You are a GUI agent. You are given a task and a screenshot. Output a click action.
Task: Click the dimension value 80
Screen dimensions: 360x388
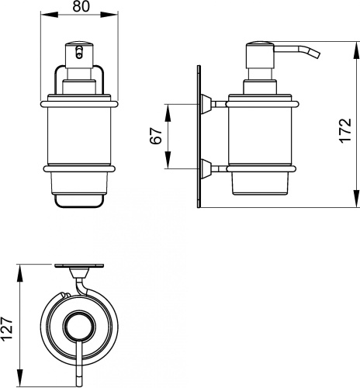click(81, 7)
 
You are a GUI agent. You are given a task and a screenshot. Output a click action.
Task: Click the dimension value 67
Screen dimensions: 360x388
click(156, 136)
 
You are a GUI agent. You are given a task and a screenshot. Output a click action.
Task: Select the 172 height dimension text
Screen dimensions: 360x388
click(345, 130)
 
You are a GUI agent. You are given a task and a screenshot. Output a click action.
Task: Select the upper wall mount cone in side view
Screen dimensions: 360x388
click(206, 104)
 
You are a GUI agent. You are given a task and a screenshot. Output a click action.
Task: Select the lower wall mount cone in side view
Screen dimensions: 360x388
click(206, 169)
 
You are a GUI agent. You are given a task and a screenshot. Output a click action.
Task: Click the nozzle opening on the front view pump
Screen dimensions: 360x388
click(79, 51)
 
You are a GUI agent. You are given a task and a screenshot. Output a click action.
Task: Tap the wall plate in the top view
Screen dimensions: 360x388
click(79, 265)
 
